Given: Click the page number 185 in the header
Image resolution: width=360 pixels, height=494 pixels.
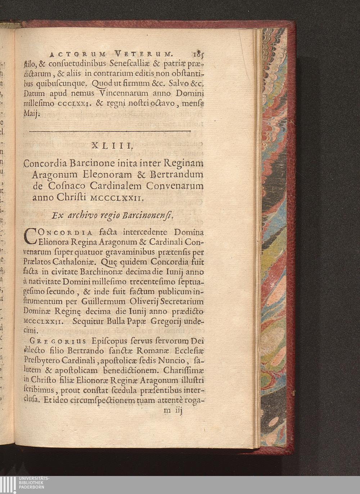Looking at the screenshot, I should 198,55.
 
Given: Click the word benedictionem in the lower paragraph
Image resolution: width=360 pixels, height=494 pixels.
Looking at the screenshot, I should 130,370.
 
